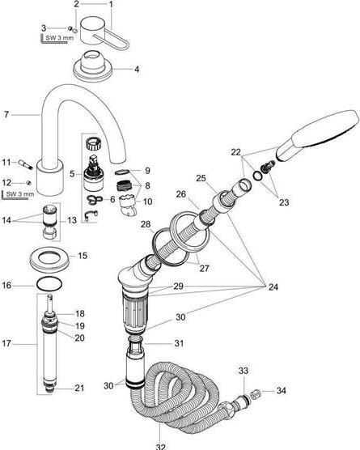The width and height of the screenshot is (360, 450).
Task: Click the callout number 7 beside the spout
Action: (x=6, y=114)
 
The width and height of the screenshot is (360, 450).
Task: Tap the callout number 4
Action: (x=137, y=69)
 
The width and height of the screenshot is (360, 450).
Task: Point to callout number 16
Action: (x=6, y=285)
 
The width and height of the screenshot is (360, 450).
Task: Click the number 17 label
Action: (x=6, y=345)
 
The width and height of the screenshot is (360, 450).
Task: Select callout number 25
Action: (x=201, y=177)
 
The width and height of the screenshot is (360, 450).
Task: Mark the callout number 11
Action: (x=6, y=162)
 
